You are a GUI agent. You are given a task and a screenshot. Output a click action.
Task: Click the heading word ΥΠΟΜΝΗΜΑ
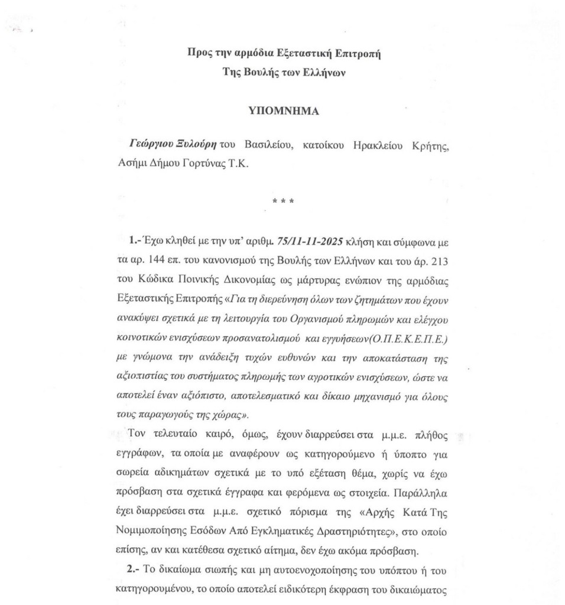coord(282,110)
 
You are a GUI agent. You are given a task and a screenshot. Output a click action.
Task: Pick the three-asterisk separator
coord(281,203)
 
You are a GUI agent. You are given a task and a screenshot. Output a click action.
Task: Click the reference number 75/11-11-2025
coord(302,243)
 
